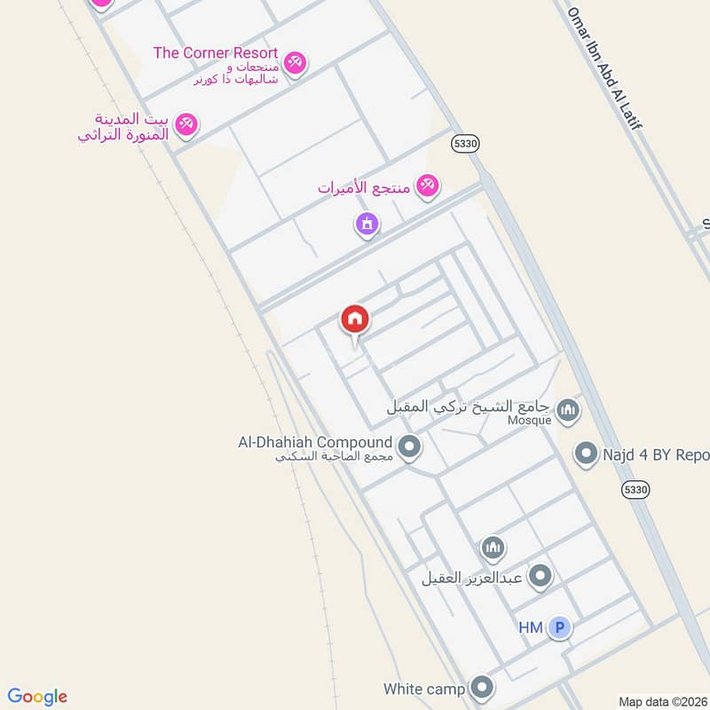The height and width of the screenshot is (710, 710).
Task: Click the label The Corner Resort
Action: point(216,53)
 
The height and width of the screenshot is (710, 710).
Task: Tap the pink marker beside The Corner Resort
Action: point(296,61)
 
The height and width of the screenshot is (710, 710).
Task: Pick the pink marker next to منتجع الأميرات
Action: point(428,185)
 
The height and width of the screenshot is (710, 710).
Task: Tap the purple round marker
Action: point(367,224)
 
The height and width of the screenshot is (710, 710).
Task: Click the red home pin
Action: point(355,319)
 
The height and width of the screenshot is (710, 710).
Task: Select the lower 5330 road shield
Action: point(636,489)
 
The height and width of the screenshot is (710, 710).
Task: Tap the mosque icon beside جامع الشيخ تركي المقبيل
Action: point(569,410)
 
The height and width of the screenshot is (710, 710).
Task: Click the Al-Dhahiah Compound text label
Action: point(315,442)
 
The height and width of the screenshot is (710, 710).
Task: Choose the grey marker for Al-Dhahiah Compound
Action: point(409,446)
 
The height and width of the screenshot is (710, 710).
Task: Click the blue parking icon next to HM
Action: point(558,628)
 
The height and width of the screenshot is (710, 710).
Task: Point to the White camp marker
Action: point(482,687)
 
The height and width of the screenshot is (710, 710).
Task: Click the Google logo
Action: point(37,697)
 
